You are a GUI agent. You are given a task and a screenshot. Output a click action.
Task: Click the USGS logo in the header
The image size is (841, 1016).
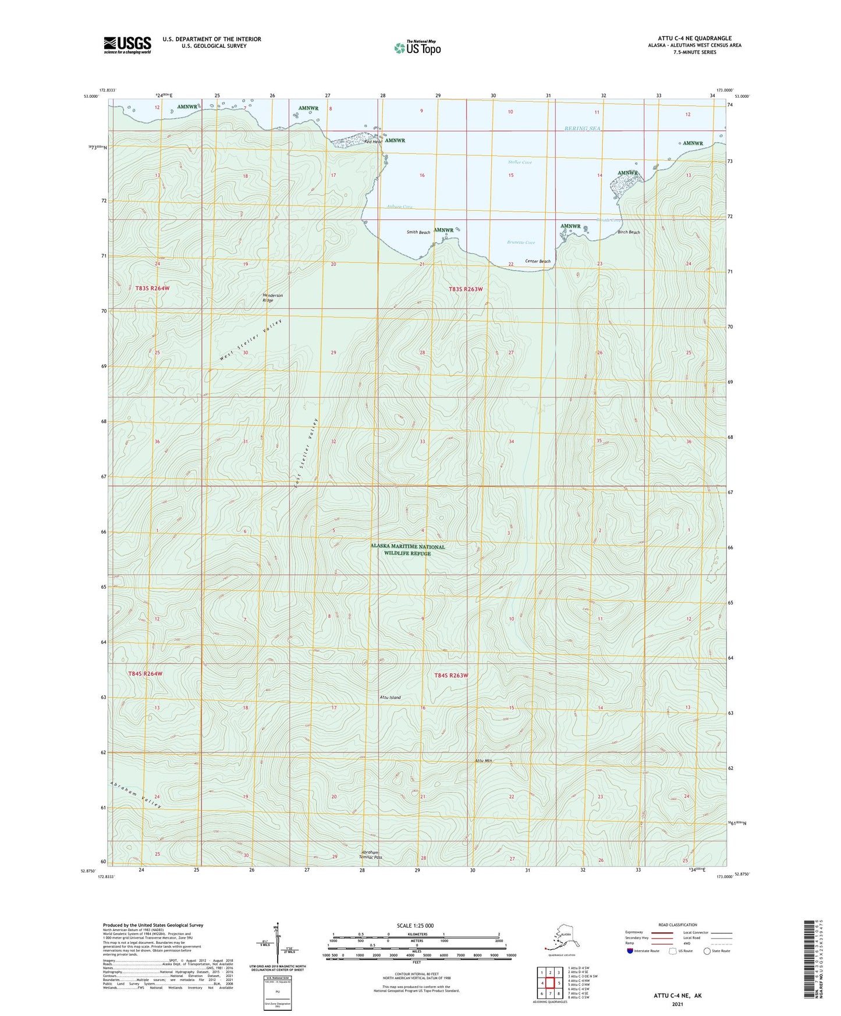[x=127, y=45]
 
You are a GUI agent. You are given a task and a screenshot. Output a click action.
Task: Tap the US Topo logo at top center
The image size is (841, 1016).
[x=417, y=47]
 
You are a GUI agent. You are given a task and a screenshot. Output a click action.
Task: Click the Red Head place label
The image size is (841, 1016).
[x=372, y=141]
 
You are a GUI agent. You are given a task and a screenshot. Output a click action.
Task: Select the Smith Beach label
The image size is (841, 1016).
[x=418, y=232]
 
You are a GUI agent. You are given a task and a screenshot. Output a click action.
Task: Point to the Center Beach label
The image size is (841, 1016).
[x=537, y=261]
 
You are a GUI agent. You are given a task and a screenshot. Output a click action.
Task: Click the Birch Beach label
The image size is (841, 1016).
[x=629, y=232]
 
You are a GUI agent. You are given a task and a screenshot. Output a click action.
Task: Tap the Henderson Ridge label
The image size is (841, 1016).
[x=272, y=298]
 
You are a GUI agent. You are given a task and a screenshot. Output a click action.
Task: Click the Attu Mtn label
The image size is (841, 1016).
[x=484, y=761]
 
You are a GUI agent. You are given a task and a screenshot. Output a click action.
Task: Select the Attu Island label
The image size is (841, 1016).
[x=390, y=697]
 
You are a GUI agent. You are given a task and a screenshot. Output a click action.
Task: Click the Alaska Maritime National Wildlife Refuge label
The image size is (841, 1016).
[x=407, y=550]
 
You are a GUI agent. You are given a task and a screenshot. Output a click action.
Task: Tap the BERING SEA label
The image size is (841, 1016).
[x=582, y=129]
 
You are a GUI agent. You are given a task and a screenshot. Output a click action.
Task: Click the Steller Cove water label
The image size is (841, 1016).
[x=520, y=162]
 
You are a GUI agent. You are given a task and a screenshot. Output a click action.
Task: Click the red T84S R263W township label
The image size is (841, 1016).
[x=451, y=676]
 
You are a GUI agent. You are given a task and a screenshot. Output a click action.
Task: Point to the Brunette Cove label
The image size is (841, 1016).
[x=520, y=243]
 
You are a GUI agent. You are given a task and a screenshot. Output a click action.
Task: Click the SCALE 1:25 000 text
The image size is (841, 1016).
[x=416, y=925]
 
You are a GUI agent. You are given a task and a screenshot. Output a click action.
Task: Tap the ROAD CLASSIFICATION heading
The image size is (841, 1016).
[x=677, y=925]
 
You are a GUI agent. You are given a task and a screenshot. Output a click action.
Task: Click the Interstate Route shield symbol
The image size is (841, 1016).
[x=630, y=951]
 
